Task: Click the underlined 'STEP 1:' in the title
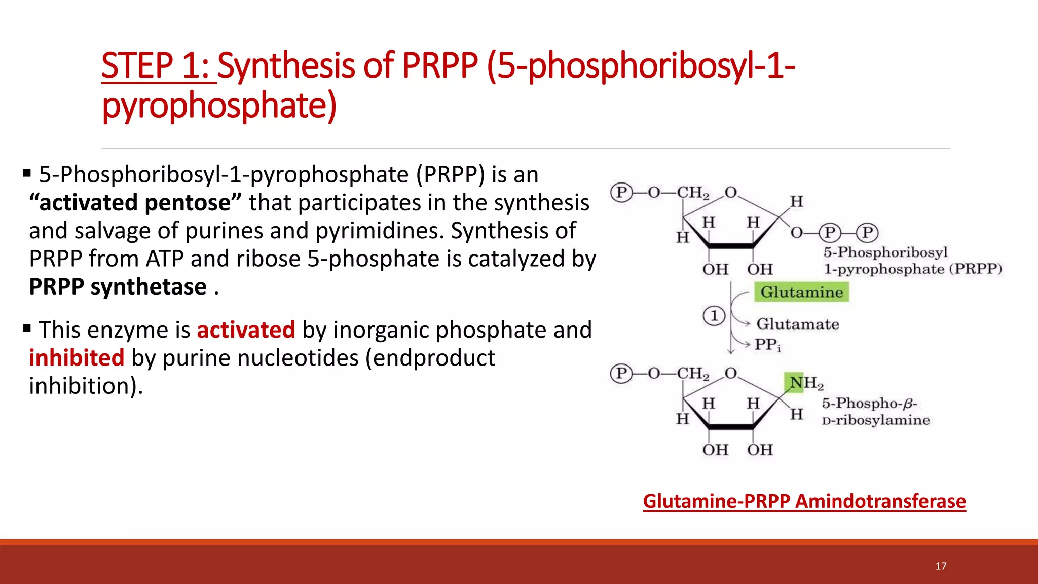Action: click(x=158, y=66)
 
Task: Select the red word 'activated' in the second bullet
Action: click(x=246, y=330)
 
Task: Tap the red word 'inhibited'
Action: click(x=77, y=358)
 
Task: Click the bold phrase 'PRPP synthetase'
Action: click(x=118, y=287)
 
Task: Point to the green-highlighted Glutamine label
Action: click(x=801, y=293)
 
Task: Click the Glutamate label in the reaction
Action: click(x=797, y=324)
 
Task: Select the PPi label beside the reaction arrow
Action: click(x=767, y=345)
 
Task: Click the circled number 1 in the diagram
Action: click(x=714, y=316)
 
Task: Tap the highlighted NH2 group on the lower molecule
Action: click(x=804, y=383)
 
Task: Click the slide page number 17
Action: click(x=941, y=566)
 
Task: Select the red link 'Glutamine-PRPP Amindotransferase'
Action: click(x=804, y=501)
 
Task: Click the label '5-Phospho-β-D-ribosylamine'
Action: click(x=875, y=412)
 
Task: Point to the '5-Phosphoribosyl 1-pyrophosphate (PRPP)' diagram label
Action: click(x=912, y=261)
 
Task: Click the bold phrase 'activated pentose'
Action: click(x=135, y=203)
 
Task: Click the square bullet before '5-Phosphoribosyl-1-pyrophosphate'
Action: click(x=27, y=174)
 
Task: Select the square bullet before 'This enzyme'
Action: click(x=27, y=329)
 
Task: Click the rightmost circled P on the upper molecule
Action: click(x=867, y=233)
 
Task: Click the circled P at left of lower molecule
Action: click(x=621, y=374)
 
